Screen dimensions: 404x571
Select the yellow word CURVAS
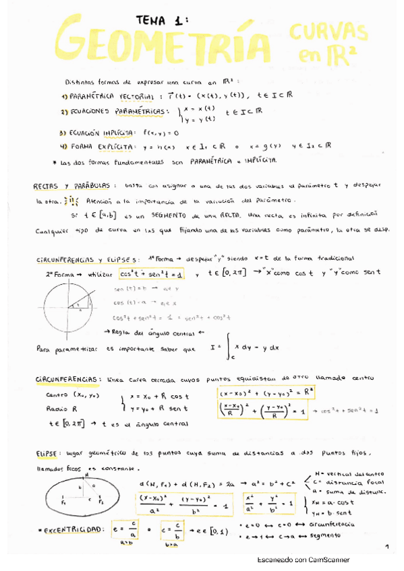pyautogui.click(x=328, y=34)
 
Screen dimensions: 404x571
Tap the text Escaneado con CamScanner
pyautogui.click(x=304, y=560)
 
